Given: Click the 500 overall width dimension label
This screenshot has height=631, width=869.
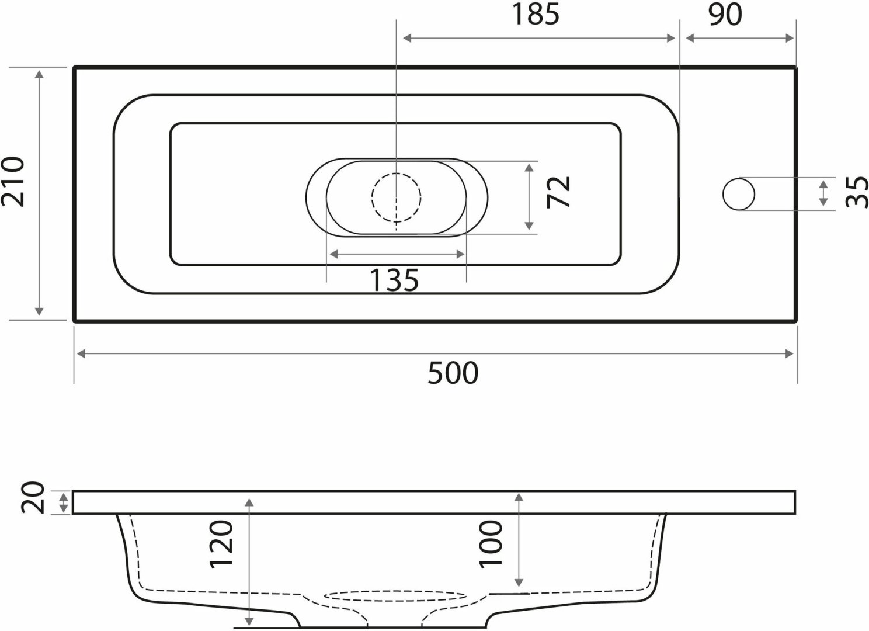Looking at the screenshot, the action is pos(453,373).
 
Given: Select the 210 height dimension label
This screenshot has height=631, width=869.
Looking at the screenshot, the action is pos(12,181).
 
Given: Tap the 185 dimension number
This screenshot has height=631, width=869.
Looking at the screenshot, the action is pos(536,15).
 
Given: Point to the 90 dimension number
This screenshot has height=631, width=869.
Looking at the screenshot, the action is pos(725,15).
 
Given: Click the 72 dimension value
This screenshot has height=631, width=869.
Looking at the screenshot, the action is pos(558,192).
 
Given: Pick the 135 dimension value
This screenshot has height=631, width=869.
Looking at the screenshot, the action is pos(394,280).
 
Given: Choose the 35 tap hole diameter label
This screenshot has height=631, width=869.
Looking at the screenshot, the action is pos(857,192).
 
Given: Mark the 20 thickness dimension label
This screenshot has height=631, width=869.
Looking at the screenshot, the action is pos(33,498).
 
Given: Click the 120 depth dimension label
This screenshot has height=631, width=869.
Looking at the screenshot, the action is pos(221,545).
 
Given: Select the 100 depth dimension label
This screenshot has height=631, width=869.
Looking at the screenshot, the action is pos(491,545).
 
